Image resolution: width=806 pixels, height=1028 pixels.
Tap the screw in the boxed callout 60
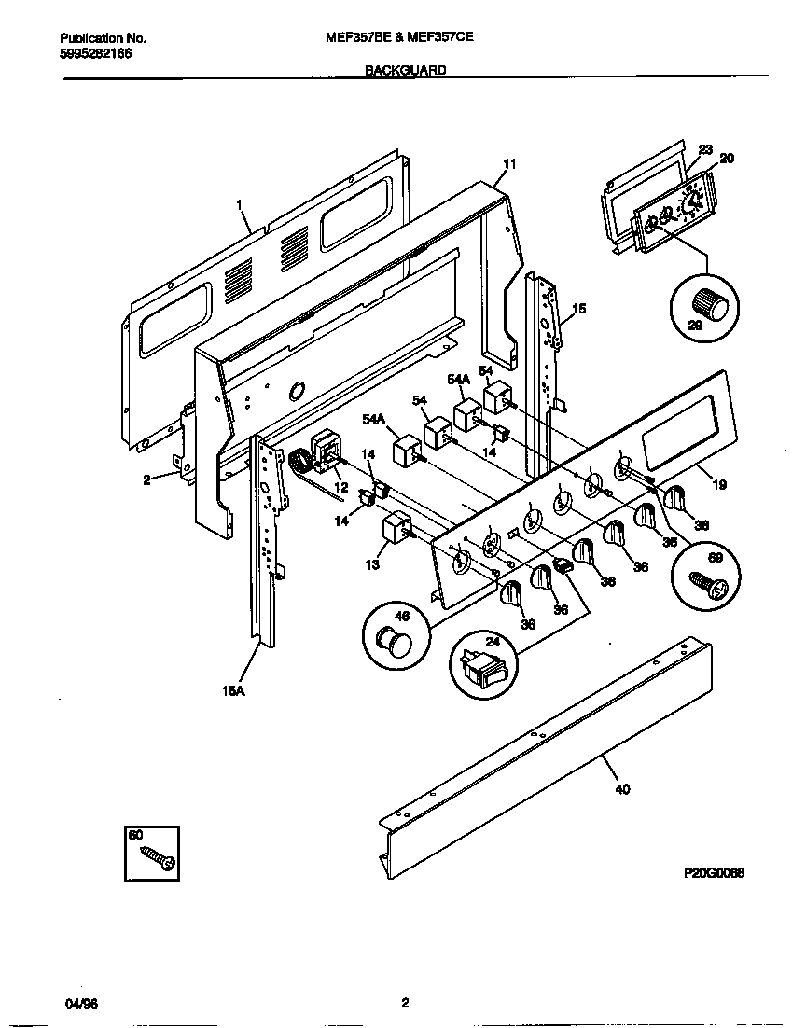(159, 857)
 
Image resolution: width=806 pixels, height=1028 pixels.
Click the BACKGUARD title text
(404, 70)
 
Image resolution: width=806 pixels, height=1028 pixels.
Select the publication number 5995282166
(95, 55)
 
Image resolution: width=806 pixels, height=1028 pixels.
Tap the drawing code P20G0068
(714, 874)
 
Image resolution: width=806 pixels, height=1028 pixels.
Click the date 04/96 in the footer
(80, 1005)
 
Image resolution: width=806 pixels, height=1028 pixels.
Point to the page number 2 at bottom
(405, 1005)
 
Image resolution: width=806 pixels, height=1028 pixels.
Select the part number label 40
(622, 789)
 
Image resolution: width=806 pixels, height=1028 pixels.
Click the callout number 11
(508, 164)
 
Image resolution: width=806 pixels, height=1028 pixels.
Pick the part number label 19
(718, 485)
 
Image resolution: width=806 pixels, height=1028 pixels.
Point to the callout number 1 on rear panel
(239, 204)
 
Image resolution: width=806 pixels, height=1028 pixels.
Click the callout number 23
(705, 149)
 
